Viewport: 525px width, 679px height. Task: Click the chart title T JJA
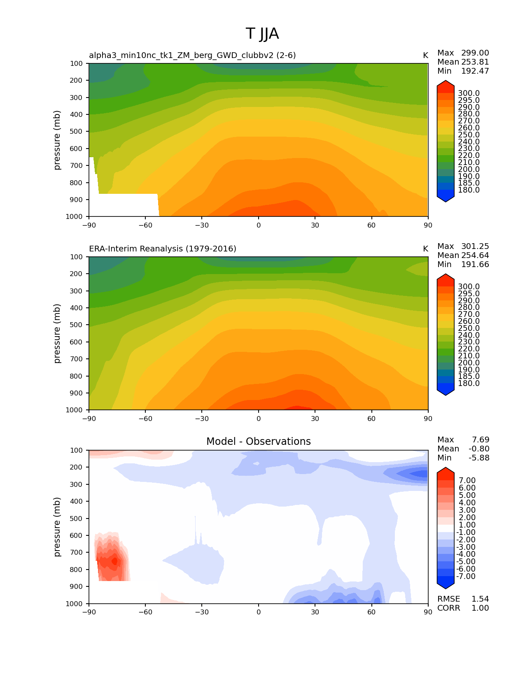pyautogui.click(x=262, y=34)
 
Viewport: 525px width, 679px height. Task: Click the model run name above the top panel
pyautogui.click(x=192, y=55)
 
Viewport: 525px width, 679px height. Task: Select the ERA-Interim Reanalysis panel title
pyautogui.click(x=163, y=249)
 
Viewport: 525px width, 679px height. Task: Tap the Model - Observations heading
pyautogui.click(x=258, y=442)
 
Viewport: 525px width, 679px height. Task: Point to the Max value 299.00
pyautogui.click(x=475, y=53)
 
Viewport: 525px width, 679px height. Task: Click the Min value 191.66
pyautogui.click(x=475, y=264)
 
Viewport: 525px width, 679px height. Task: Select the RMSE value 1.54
pyautogui.click(x=480, y=599)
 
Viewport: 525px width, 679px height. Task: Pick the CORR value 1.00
pyautogui.click(x=480, y=608)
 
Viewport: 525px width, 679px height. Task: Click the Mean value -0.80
pyautogui.click(x=479, y=449)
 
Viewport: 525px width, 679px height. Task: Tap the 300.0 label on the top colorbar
pyautogui.click(x=469, y=93)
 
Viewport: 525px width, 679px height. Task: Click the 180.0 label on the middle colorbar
pyautogui.click(x=469, y=383)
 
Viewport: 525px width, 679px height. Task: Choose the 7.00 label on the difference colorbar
pyautogui.click(x=467, y=480)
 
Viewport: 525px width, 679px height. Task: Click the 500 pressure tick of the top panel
pyautogui.click(x=77, y=131)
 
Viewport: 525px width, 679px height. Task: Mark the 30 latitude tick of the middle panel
pyautogui.click(x=315, y=419)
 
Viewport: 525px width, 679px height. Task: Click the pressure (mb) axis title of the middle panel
pyautogui.click(x=57, y=333)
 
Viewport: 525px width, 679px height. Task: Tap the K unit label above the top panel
pyautogui.click(x=425, y=55)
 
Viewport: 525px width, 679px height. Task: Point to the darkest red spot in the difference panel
pyautogui.click(x=114, y=560)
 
